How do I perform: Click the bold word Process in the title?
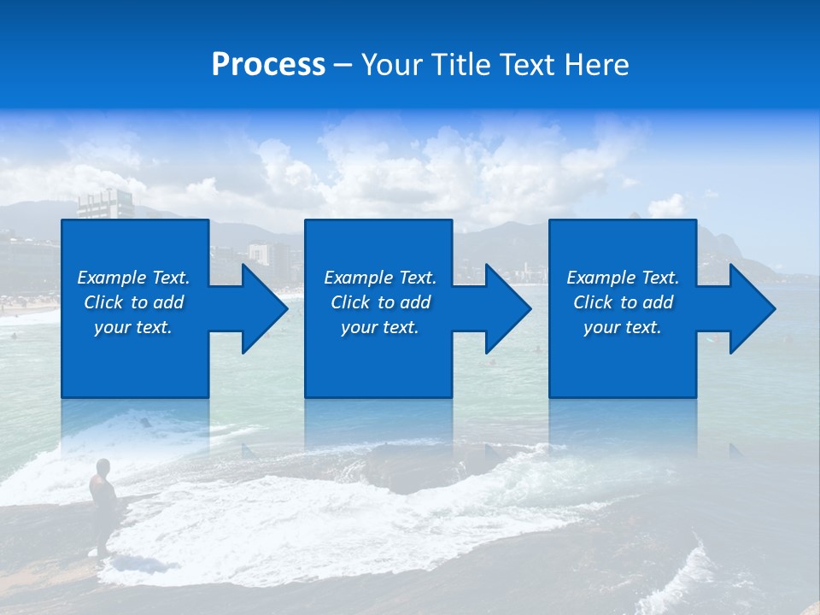point(268,65)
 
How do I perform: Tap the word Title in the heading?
point(460,65)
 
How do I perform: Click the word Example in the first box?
point(111,278)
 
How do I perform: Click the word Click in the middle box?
point(349,302)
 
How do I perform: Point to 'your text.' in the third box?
point(622,327)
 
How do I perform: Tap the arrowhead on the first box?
point(261,308)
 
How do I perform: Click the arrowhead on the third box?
point(748,308)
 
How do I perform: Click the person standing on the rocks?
point(103,495)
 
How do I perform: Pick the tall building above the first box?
point(106,204)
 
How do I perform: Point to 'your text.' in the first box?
point(133,327)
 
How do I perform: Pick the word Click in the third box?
point(593,302)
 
